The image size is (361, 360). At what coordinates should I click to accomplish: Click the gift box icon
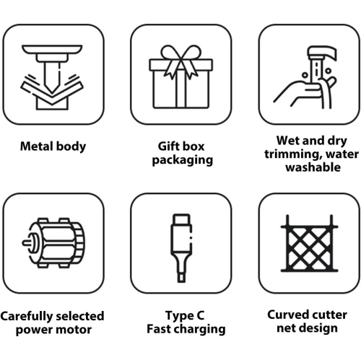(x=180, y=77)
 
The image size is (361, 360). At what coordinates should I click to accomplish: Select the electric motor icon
(x=53, y=243)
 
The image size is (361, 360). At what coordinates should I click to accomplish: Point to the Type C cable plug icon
(x=181, y=247)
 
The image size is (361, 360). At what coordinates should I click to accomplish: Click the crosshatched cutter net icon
(x=310, y=243)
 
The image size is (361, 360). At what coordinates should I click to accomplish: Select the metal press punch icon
(x=52, y=77)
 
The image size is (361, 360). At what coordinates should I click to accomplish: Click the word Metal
(x=36, y=146)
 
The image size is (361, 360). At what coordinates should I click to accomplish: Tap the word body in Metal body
(x=70, y=146)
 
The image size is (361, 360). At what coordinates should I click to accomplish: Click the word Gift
(x=168, y=146)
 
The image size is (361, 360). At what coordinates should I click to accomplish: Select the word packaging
(x=183, y=160)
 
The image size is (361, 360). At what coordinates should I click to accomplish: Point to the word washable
(x=313, y=167)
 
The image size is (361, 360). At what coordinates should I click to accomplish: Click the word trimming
(x=293, y=154)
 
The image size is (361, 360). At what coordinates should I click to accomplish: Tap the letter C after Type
(x=201, y=315)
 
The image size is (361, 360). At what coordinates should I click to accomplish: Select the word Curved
(x=286, y=315)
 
